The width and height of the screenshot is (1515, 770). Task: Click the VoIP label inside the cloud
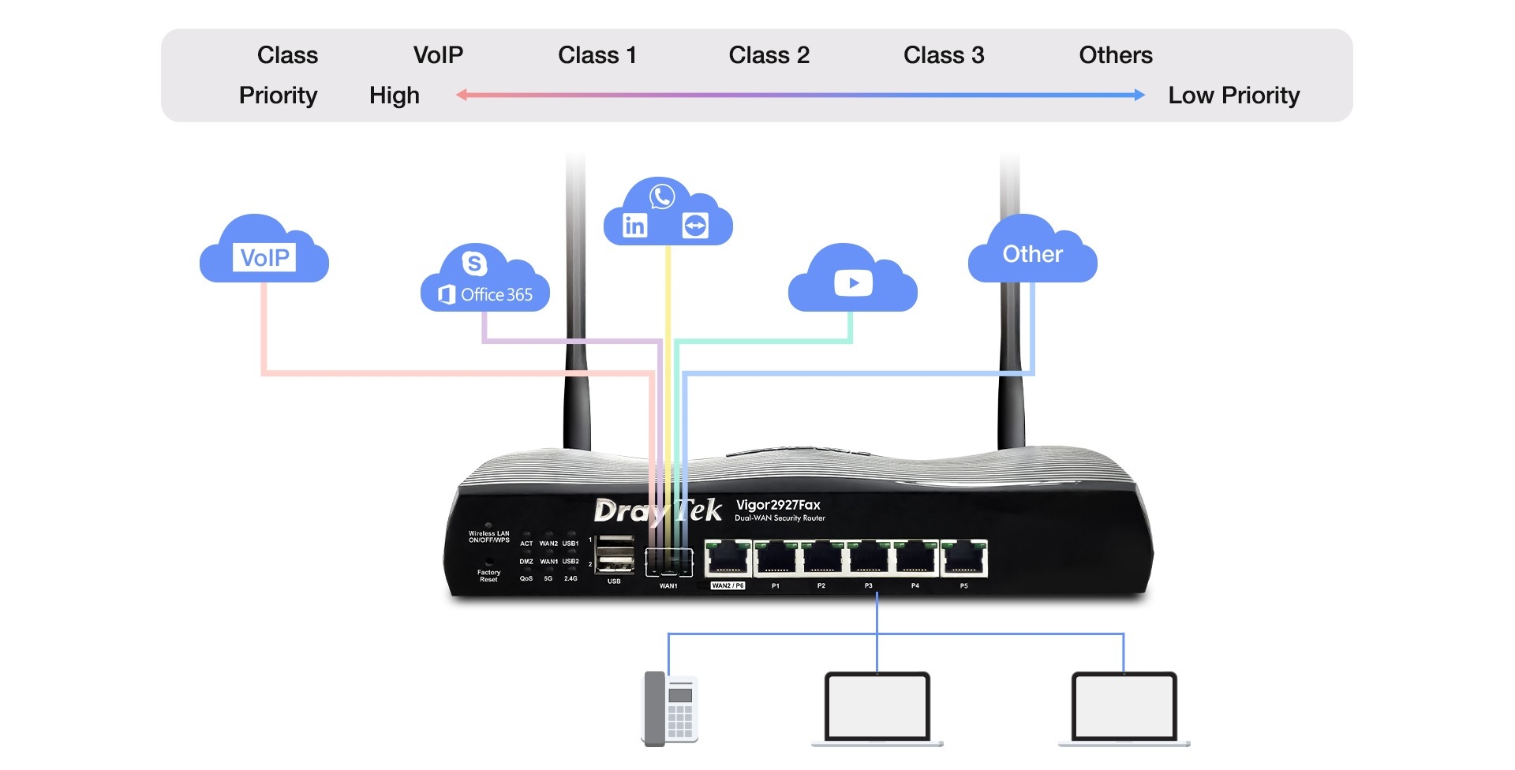pos(264,257)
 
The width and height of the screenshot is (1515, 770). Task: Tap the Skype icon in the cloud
pos(474,263)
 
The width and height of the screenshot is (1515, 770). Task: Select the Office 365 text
pos(496,294)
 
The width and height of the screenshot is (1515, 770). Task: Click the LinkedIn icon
pos(634,226)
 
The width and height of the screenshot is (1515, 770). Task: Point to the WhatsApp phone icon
pos(662,196)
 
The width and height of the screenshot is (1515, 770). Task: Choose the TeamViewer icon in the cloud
pos(695,226)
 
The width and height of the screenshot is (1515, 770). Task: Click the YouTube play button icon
pos(853,282)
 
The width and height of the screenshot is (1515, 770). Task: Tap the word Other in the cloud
pos(1032,254)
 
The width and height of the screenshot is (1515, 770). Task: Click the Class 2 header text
pos(769,55)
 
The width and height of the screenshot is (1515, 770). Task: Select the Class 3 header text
pos(944,55)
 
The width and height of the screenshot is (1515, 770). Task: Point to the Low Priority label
pos(1233,95)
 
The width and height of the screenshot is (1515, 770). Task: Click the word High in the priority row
pos(395,95)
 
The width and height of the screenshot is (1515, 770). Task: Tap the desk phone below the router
pos(670,708)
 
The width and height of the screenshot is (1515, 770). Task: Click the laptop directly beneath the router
pos(877,707)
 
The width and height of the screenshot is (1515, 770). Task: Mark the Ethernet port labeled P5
pos(963,559)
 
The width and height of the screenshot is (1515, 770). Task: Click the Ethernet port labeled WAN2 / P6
pos(728,559)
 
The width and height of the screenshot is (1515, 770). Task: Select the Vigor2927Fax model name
pos(778,505)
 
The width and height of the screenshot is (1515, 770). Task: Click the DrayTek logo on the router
pos(657,511)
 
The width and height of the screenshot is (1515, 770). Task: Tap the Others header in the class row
pos(1115,55)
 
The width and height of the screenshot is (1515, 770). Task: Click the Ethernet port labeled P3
pos(869,559)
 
